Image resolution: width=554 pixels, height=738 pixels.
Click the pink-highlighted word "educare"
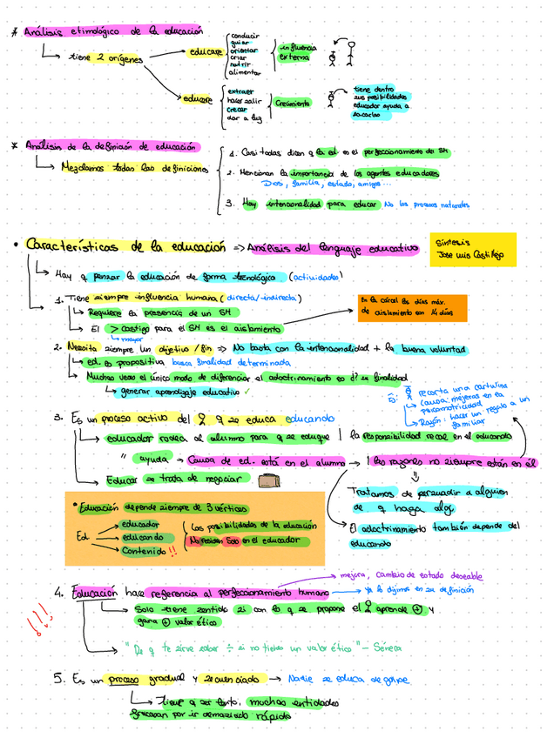[x=205, y=52]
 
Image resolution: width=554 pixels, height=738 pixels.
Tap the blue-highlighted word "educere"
[x=198, y=98]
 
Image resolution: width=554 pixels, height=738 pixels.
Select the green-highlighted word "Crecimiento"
[x=293, y=103]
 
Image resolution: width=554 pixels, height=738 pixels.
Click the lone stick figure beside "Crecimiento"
[x=331, y=98]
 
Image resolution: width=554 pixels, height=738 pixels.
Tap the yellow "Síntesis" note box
[x=473, y=248]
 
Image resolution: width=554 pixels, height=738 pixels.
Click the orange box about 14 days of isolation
[x=412, y=306]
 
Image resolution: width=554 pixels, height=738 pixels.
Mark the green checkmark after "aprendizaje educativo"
[x=247, y=392]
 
